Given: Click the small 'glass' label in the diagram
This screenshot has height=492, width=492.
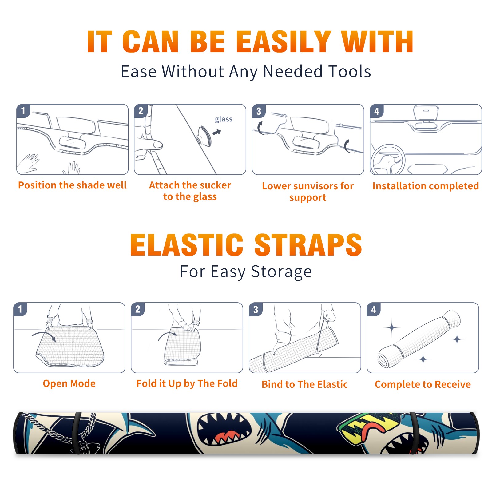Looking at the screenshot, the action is click(224, 119).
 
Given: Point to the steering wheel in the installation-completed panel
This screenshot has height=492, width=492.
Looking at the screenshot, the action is click(387, 159).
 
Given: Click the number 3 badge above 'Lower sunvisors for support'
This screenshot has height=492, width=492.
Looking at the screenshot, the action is click(259, 111).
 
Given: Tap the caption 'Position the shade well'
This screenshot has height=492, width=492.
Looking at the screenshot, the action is click(72, 185).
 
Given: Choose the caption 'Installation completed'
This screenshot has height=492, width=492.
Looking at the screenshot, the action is click(426, 186).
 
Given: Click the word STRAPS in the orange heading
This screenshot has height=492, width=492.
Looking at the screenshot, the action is click(308, 245).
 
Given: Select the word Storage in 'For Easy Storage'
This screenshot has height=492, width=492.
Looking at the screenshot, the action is click(281, 272).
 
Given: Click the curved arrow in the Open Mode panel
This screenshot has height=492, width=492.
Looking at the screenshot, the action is click(44, 336).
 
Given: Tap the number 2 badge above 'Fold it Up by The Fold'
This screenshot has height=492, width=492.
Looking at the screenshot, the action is click(137, 309).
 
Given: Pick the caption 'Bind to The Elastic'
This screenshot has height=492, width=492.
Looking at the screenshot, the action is click(304, 384).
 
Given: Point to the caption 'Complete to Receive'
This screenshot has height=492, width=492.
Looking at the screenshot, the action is click(423, 384).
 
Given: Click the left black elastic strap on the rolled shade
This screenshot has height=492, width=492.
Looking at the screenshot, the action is click(77, 433).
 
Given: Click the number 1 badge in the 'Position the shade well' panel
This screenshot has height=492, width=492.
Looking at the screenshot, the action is click(23, 111).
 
